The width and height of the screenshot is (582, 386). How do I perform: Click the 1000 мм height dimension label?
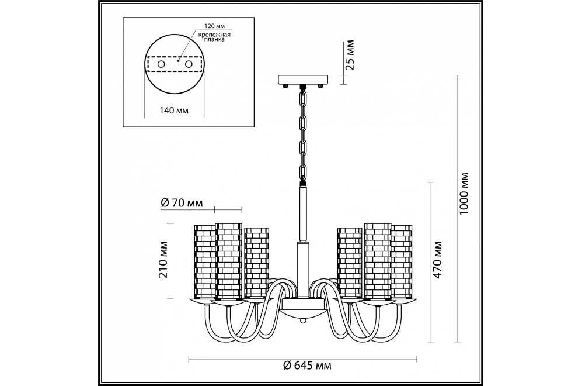pyautogui.click(x=464, y=194)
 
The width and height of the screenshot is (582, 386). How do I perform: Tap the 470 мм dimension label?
pyautogui.click(x=438, y=260)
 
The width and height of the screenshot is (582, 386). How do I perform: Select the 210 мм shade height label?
pyautogui.click(x=163, y=260)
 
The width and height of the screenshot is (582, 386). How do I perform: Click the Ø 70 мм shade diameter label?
pyautogui.click(x=182, y=203)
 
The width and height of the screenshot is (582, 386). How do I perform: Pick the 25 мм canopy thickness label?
pyautogui.click(x=350, y=55)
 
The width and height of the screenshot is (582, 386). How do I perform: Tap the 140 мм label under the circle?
pyautogui.click(x=174, y=111)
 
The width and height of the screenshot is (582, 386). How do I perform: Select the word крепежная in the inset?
pyautogui.click(x=214, y=35)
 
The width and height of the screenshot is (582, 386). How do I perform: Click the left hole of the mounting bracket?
pyautogui.click(x=161, y=64)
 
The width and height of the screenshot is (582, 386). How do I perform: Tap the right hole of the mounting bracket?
pyautogui.click(x=189, y=64)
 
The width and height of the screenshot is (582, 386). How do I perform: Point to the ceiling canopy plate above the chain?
pyautogui.click(x=303, y=80)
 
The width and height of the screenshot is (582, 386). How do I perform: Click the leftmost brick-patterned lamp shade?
pyautogui.click(x=205, y=261)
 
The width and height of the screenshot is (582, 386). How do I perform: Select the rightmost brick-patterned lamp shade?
pyautogui.click(x=402, y=261)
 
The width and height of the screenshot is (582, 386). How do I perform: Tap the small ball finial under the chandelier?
pyautogui.click(x=303, y=320)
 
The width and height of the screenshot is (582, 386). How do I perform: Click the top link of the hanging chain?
pyautogui.click(x=304, y=98)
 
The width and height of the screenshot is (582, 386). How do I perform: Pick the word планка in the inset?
pyautogui.click(x=215, y=39)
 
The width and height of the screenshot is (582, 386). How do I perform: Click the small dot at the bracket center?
pyautogui.click(x=179, y=60)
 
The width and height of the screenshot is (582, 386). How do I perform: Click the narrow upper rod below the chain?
pyautogui.click(x=303, y=213)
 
